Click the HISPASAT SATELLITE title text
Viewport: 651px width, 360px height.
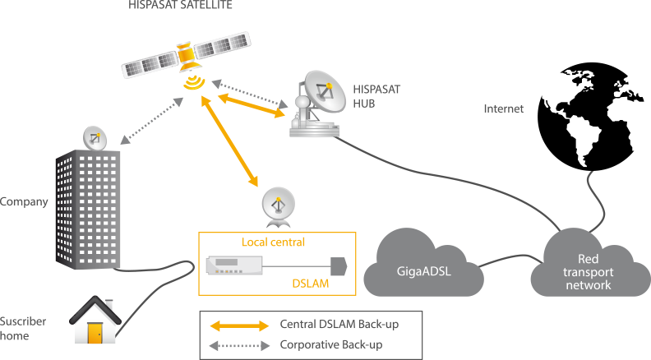(x=180, y=5)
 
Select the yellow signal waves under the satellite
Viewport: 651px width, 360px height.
(x=194, y=82)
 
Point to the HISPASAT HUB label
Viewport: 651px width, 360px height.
(x=376, y=96)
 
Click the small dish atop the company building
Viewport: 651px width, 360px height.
(x=95, y=138)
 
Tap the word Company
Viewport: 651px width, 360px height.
(x=24, y=202)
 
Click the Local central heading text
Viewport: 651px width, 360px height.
(x=273, y=242)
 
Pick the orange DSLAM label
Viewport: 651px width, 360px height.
(x=311, y=284)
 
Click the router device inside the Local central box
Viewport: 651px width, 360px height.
(x=234, y=265)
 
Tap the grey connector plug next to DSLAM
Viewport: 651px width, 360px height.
(x=339, y=266)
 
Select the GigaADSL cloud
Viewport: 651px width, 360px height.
(x=423, y=263)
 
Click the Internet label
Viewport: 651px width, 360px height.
(x=504, y=108)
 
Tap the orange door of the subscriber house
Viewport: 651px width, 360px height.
(x=95, y=333)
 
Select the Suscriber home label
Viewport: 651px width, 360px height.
(x=23, y=329)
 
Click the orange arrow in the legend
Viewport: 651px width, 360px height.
(x=239, y=325)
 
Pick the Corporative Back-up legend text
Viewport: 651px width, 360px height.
(x=331, y=344)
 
